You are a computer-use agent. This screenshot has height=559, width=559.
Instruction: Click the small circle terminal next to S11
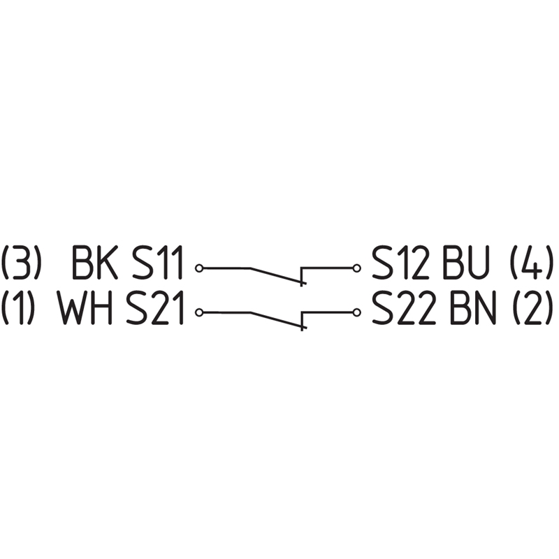pyautogui.click(x=199, y=268)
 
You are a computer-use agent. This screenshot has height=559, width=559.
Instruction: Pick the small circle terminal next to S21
pyautogui.click(x=199, y=312)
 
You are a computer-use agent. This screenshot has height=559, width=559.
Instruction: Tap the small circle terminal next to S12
pyautogui.click(x=357, y=268)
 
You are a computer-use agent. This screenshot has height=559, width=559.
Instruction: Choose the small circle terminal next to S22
pyautogui.click(x=357, y=312)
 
